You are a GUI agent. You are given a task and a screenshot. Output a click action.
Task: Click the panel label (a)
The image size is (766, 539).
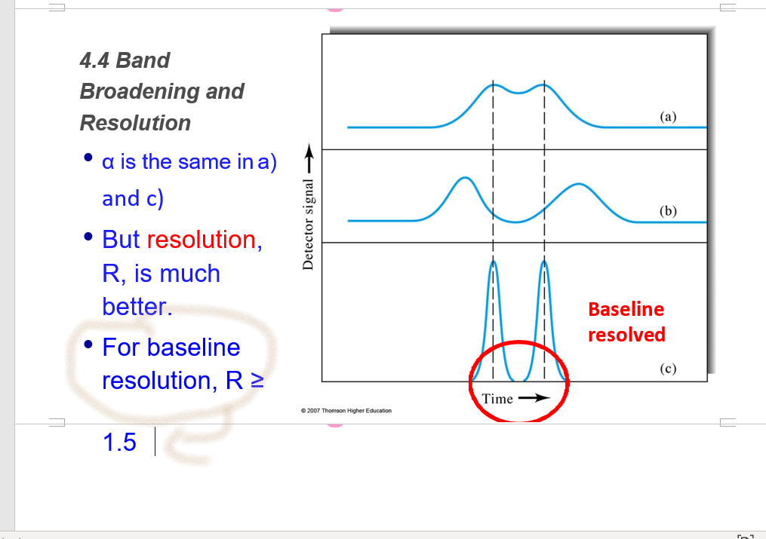[x=668, y=117]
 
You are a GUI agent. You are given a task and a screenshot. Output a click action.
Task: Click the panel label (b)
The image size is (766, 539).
[x=668, y=211]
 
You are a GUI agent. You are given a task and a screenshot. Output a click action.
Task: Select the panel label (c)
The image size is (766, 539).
[x=668, y=369]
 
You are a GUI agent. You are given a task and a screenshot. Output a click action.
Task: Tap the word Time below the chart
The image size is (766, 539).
[x=497, y=399]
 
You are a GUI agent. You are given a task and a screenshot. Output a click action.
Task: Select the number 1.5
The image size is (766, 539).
[x=119, y=443]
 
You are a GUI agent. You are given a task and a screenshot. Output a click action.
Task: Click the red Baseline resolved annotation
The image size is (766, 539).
[x=626, y=322]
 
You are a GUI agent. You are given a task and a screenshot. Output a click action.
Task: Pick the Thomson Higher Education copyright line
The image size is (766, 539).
[x=346, y=411]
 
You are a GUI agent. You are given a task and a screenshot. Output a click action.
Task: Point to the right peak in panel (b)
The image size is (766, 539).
[x=578, y=186]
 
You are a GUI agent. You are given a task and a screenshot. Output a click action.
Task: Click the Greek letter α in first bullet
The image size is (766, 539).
[x=108, y=162]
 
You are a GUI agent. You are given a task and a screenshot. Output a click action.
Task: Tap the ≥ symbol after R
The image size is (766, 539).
[x=257, y=381]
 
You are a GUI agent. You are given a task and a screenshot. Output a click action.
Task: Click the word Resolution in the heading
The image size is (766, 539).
[x=135, y=123]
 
